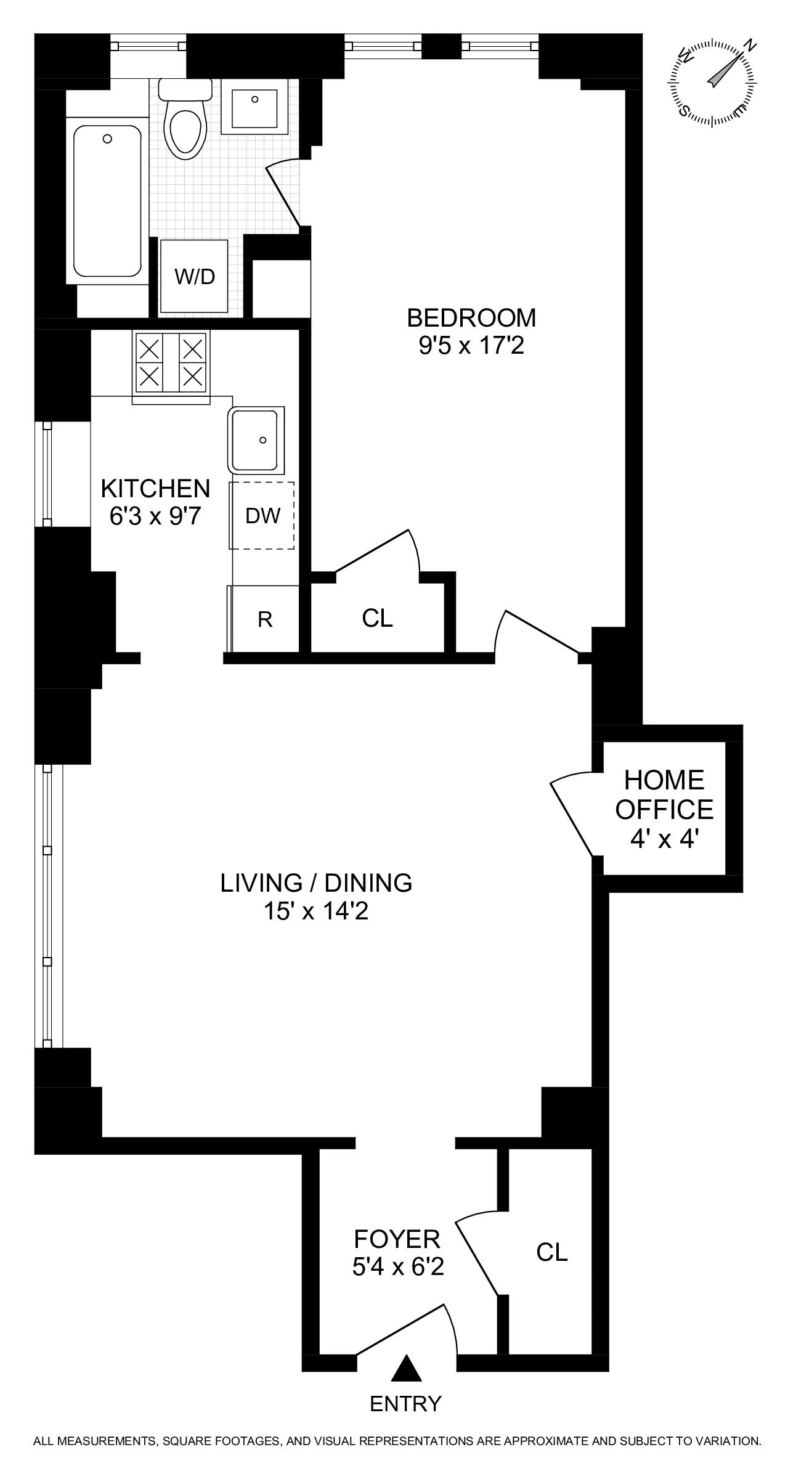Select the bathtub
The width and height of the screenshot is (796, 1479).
[x=107, y=200]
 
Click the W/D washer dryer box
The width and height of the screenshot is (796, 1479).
[x=194, y=277]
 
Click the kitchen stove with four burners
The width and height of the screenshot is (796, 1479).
[x=171, y=362]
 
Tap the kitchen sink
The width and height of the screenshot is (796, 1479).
[x=257, y=440]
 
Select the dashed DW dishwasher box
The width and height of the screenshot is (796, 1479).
[x=262, y=516]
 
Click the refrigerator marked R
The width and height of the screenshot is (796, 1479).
[x=265, y=619]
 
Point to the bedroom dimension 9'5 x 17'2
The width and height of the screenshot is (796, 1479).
[x=471, y=346]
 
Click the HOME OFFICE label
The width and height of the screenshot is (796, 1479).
[x=664, y=795]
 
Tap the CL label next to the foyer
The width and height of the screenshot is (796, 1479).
[x=551, y=1252]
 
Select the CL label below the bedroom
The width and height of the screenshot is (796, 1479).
[x=377, y=618]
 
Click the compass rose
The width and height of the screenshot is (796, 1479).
[x=713, y=83]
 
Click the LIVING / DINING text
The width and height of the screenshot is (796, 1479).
[x=316, y=883]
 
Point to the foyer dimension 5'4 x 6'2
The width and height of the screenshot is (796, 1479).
[x=398, y=1268]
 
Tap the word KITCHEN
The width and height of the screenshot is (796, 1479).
[x=155, y=489]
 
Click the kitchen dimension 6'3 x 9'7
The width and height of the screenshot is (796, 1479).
[x=155, y=516]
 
